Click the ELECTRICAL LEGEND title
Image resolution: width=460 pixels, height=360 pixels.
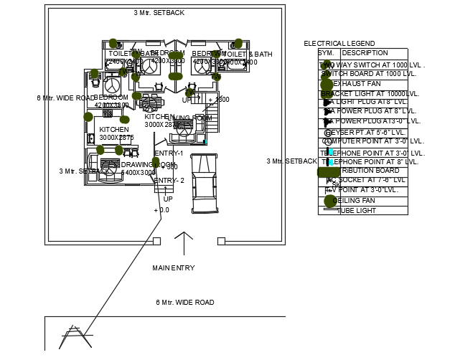point(339,44)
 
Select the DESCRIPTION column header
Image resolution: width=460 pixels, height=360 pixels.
point(365,53)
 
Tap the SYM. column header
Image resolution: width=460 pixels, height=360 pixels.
point(326,53)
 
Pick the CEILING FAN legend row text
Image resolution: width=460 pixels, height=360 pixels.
point(356,201)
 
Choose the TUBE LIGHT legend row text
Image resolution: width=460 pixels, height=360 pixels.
point(357,211)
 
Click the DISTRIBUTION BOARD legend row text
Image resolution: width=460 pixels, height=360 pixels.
point(370,171)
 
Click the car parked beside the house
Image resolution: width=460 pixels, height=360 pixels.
point(205,184)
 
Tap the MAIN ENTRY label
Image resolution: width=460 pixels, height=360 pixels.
point(173,268)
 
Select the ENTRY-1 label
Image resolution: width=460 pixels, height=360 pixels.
point(169,153)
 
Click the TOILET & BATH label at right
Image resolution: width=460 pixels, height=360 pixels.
point(249,55)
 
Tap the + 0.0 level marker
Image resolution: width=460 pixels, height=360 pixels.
point(161,210)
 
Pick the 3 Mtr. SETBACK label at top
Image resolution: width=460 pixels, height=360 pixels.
point(159,13)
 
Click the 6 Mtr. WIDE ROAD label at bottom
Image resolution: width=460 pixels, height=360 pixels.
point(184,303)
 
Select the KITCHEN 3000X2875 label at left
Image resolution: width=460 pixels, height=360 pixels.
point(115,133)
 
